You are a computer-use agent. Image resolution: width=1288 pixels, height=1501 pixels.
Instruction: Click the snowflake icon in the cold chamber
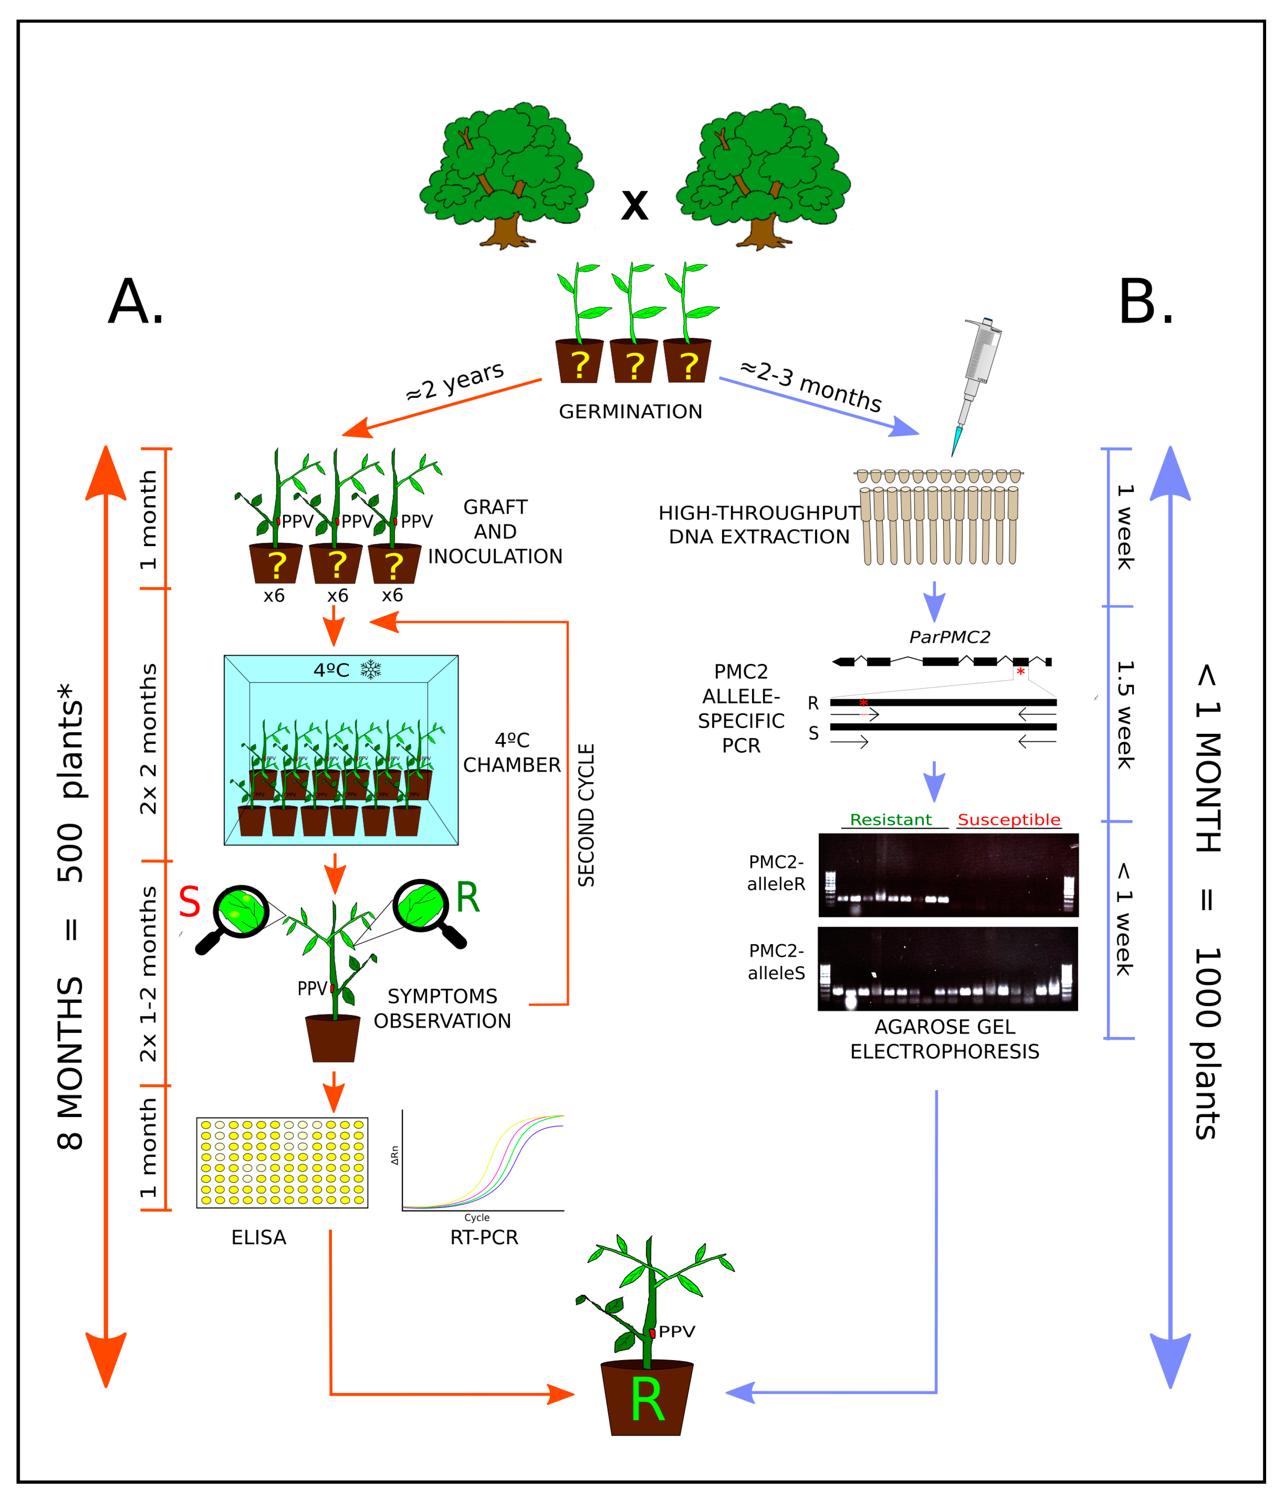pos(371,669)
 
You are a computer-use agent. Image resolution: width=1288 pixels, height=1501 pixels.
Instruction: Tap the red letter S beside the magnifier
pos(190,903)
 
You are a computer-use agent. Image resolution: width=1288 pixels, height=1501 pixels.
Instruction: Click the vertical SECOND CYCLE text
pos(586,815)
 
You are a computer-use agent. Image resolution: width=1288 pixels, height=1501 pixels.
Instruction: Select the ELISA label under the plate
pos(259,1237)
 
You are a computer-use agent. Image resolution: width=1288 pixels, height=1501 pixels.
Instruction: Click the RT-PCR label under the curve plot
pos(484,1237)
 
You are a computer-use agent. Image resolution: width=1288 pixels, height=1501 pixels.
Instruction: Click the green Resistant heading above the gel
pos(891,819)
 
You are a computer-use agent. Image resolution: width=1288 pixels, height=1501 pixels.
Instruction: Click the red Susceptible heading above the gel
pos(1009,819)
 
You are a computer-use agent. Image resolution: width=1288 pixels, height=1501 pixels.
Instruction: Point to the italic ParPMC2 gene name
pos(949,637)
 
